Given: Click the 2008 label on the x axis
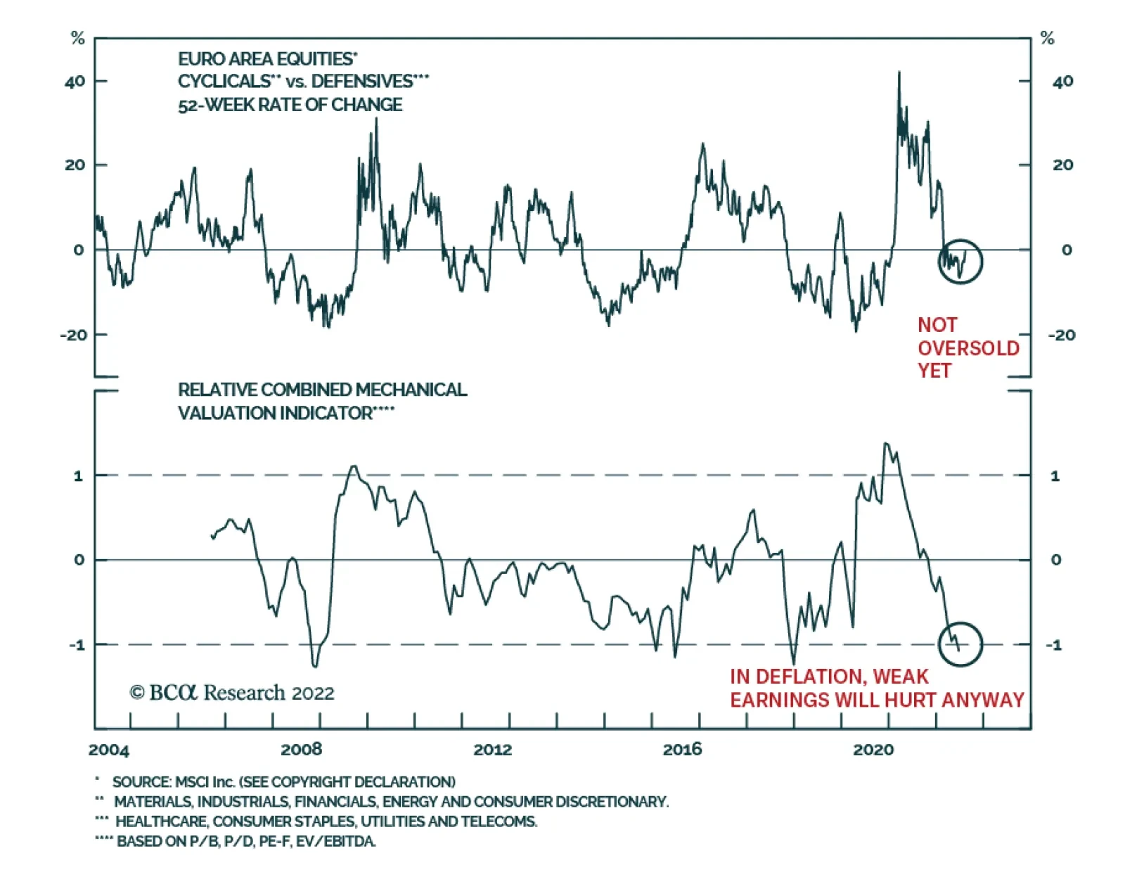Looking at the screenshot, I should (x=301, y=750).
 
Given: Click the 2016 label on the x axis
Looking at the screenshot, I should (x=681, y=750).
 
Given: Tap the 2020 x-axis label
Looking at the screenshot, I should (x=873, y=750).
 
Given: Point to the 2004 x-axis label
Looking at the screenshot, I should (x=109, y=750).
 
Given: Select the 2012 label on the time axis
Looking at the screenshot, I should (x=492, y=750).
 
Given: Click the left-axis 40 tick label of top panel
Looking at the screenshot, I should (x=75, y=82).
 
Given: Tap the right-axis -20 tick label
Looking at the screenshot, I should (x=1061, y=335).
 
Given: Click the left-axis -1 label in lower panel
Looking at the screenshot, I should (x=77, y=645).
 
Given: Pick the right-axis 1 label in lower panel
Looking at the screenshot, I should (x=1055, y=476).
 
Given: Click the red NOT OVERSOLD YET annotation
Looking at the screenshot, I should (x=967, y=347).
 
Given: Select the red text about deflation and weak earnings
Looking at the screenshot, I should (x=876, y=689).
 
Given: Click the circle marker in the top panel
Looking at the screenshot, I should (x=960, y=262).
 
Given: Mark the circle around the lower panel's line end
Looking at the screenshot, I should (x=960, y=644).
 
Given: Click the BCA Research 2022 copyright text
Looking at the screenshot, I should (x=232, y=693).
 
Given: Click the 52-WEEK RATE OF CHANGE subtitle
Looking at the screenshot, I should (x=290, y=105).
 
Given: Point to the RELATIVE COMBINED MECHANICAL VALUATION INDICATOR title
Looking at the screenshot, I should (x=321, y=401).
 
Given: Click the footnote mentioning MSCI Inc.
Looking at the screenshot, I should (x=283, y=782).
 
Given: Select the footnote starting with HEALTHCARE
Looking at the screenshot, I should (x=326, y=821).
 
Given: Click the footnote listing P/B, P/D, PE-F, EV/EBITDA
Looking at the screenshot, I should (x=246, y=841).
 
